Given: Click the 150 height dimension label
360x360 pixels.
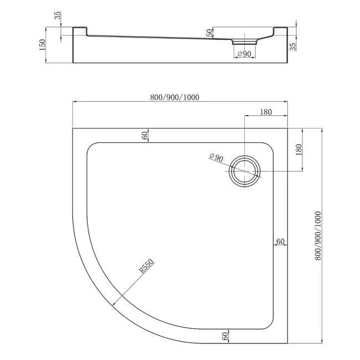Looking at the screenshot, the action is point(43,45).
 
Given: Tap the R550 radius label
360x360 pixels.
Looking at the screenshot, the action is point(146,266).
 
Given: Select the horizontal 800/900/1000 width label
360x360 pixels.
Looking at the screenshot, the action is point(174,97).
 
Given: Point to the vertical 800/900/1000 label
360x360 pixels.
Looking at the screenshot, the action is point(318,235).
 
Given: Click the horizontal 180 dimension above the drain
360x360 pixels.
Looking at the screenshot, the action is point(266,112).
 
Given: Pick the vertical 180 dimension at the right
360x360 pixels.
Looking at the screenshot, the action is point(299,150).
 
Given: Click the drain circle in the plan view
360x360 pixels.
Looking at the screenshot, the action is point(245,171).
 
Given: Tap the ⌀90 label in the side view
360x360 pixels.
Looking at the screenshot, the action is point(244,54).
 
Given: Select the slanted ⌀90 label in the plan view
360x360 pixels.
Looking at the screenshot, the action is point(216,157).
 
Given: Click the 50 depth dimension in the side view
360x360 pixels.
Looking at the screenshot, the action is point(210,33).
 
